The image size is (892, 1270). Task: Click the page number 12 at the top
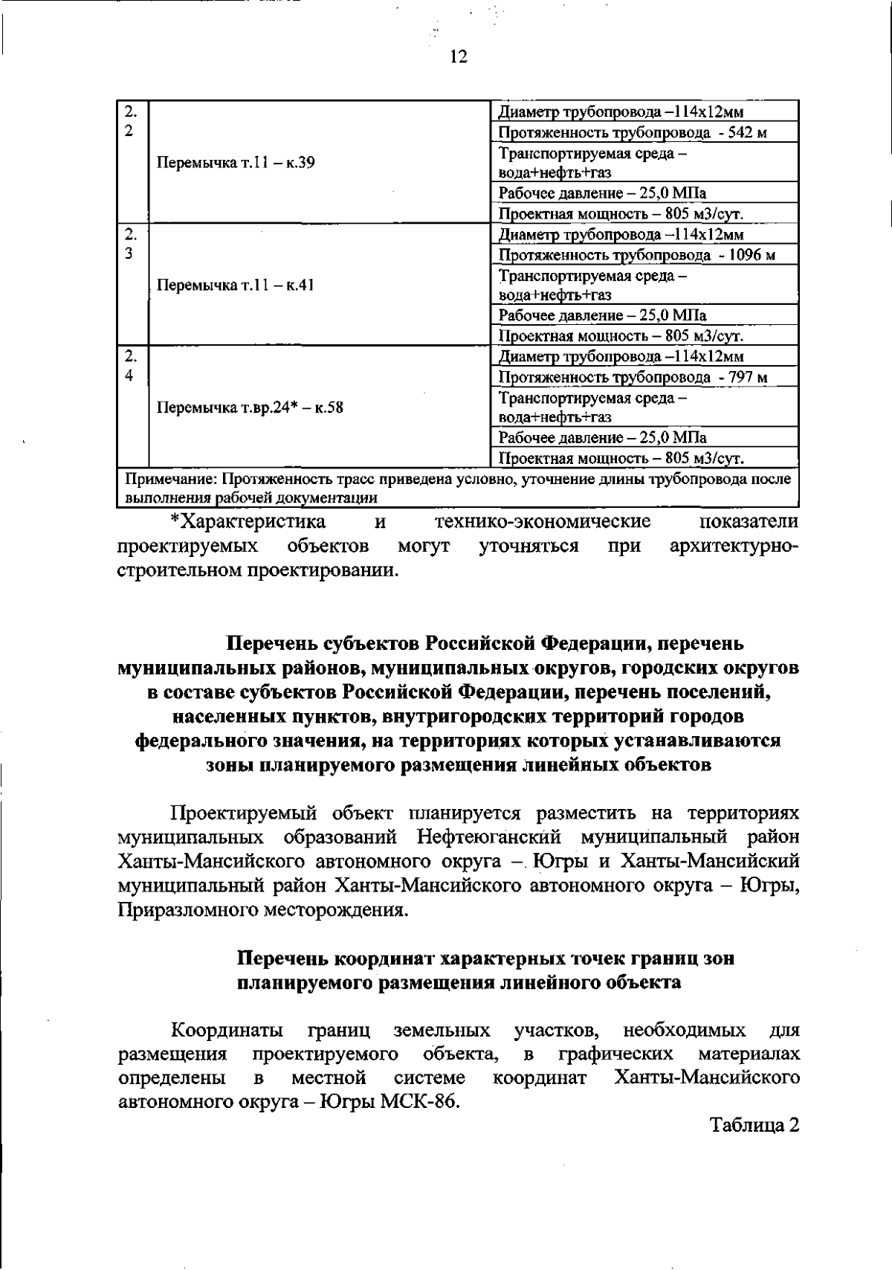[x=458, y=57]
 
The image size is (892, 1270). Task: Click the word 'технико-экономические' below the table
[x=543, y=521]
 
